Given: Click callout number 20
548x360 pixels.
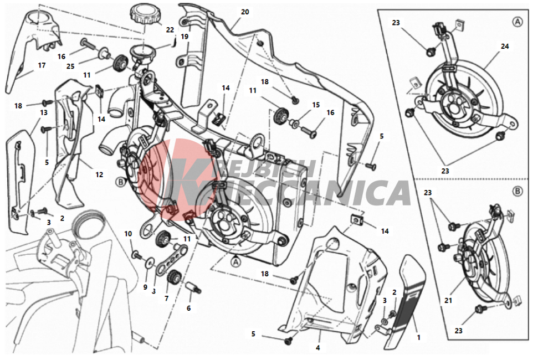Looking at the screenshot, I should [x=245, y=12].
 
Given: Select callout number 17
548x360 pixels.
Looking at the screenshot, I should [x=42, y=65].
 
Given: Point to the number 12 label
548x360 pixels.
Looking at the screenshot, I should [x=99, y=174].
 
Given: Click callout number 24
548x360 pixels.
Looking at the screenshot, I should [x=504, y=47].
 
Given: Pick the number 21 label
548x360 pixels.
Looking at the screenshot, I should [x=448, y=301].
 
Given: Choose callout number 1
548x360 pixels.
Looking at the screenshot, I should [x=418, y=337].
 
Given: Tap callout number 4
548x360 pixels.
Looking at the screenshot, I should [x=318, y=348].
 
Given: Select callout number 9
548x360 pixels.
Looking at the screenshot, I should [x=146, y=287].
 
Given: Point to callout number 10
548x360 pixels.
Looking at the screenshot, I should [x=128, y=234].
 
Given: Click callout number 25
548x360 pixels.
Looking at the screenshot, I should [x=70, y=65].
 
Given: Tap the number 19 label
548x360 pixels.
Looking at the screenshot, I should [x=185, y=37].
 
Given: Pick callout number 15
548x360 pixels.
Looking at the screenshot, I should [x=316, y=105].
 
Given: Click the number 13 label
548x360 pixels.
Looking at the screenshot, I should [x=43, y=112].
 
